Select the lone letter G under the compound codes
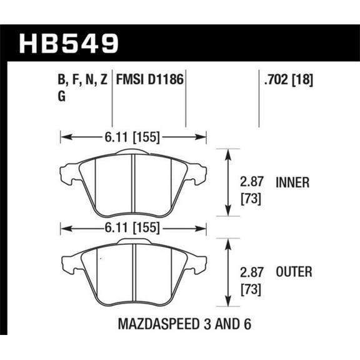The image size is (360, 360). pyautogui.click(x=61, y=97)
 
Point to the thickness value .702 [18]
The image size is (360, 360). pyautogui.click(x=288, y=80)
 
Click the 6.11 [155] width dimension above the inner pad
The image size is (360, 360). pyautogui.click(x=132, y=136)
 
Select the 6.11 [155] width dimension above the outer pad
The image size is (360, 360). pyautogui.click(x=132, y=227)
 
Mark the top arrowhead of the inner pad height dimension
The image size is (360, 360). pyautogui.click(x=226, y=152)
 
